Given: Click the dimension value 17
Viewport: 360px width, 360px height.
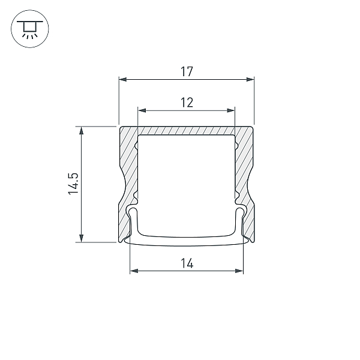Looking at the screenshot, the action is (187, 71).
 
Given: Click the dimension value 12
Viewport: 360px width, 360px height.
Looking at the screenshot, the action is (187, 103).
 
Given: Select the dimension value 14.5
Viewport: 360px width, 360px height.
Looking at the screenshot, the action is (73, 184).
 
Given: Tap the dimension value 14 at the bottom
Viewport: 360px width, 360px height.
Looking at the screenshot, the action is (187, 263).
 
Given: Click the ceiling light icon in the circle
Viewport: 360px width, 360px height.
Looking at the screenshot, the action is (30, 29).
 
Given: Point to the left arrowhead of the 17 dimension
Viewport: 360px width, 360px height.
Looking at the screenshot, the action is (122, 79).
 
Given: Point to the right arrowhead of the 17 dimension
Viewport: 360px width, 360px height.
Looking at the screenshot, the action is (250, 79).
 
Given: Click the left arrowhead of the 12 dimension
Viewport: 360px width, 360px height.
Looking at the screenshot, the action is (142, 110).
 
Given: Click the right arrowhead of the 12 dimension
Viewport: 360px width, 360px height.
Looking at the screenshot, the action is (231, 110).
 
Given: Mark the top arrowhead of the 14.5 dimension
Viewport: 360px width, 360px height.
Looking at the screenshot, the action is (81, 130).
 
